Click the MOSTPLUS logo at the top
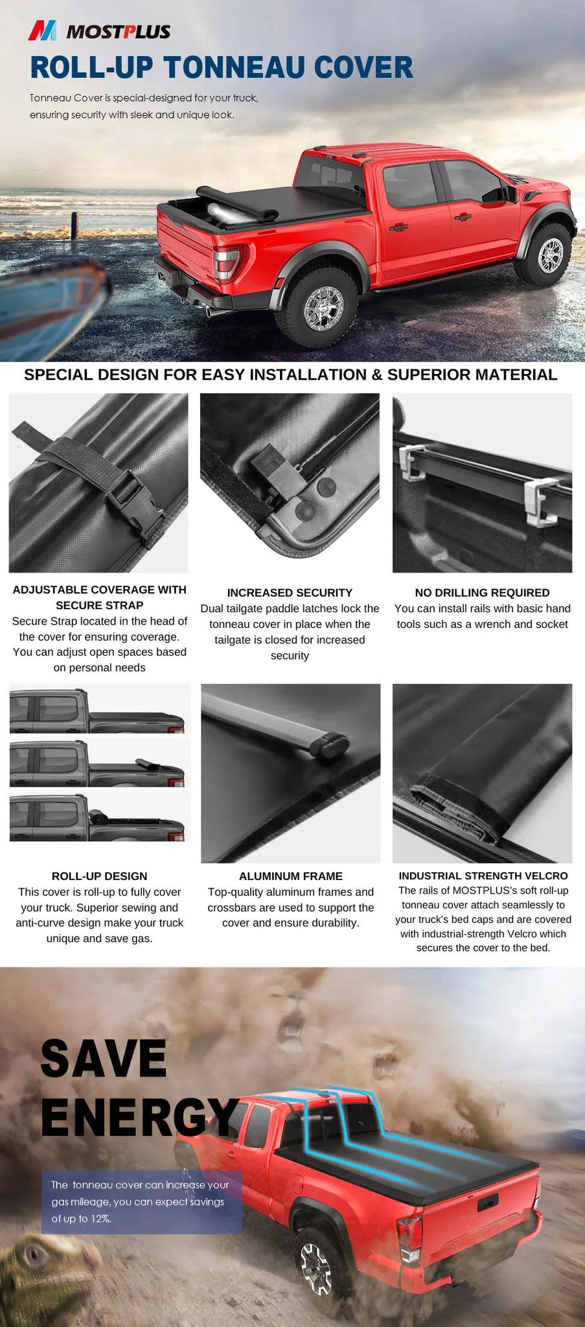pyautogui.click(x=100, y=30)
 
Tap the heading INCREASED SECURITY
pyautogui.click(x=290, y=592)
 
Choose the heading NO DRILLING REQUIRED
pyautogui.click(x=482, y=592)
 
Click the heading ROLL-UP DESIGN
pyautogui.click(x=99, y=876)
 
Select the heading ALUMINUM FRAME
pyautogui.click(x=290, y=876)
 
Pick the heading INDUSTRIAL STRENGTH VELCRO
pyautogui.click(x=483, y=876)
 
